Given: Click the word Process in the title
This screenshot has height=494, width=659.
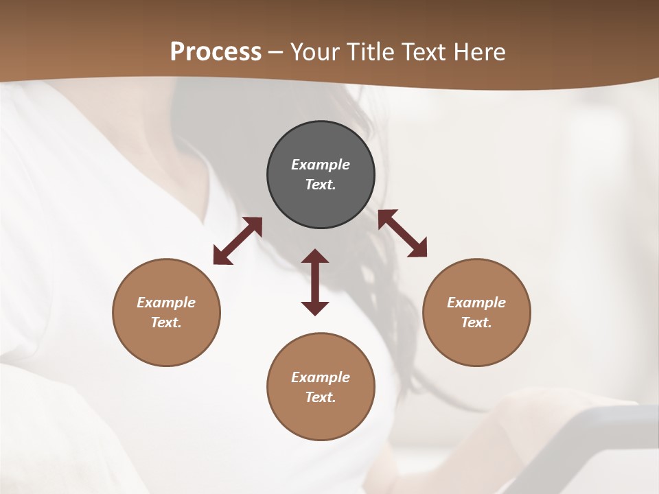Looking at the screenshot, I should pos(216,52).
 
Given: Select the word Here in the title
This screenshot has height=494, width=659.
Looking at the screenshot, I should pos(481,52).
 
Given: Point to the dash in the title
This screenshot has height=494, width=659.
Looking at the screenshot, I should pos(276,53).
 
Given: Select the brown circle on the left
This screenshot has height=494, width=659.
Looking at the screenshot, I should pos(166,343).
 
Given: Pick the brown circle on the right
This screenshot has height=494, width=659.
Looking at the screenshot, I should pos(476,343).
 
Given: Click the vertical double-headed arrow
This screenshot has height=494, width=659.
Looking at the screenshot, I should pos(315,282).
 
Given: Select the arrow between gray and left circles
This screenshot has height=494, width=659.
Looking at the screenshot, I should pos(238,241).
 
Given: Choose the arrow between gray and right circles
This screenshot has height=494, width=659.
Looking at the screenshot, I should pos(402,233).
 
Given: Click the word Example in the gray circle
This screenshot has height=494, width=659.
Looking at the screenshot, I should pos(321,165).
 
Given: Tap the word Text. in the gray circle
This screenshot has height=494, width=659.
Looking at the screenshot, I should pos(321,185).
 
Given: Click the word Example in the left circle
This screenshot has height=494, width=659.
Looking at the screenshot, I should pos(166,303).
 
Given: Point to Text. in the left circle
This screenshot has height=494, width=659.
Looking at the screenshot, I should pos(166,322).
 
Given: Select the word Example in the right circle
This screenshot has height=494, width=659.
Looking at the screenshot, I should pos(476,303).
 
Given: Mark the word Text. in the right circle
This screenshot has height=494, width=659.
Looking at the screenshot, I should pos(476,322).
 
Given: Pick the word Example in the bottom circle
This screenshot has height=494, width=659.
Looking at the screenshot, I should pos(321,377).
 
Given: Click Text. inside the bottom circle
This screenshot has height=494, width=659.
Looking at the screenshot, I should pos(321,397).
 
